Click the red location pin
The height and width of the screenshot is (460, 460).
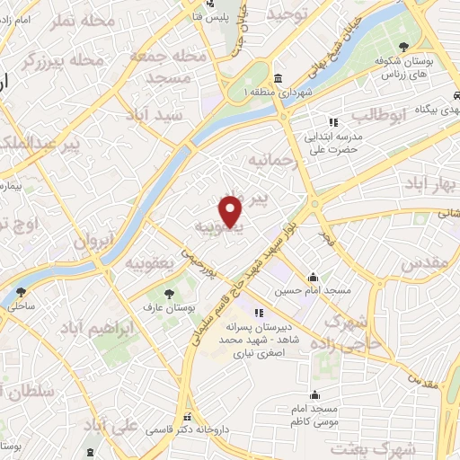[x=232, y=209]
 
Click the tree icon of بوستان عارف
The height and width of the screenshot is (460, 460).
[x=169, y=292]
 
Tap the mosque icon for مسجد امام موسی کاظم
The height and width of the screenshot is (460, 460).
[x=314, y=394]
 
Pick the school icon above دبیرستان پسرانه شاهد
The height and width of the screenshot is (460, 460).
[x=259, y=314]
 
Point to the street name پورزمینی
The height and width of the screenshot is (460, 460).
[x=199, y=259]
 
